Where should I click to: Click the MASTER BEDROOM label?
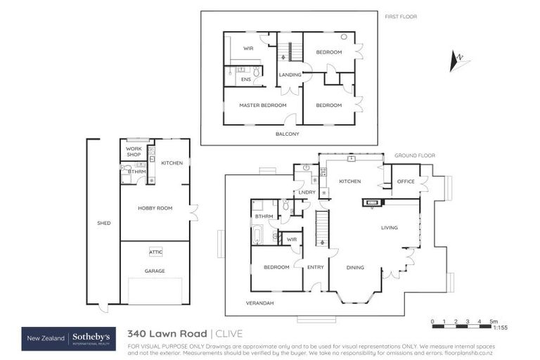(x=262, y=105)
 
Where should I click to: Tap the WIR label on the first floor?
(x=248, y=49)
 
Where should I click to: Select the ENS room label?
(x=246, y=79)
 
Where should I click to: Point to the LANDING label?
(x=290, y=75)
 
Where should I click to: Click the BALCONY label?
(x=287, y=134)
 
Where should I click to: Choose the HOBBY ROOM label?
(x=155, y=208)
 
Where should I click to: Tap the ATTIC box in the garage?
(x=155, y=252)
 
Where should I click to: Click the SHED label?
(x=103, y=223)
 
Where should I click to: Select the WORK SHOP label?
(x=134, y=152)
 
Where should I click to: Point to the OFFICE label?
(x=405, y=181)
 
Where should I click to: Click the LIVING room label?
(x=390, y=228)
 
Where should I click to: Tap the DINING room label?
(x=355, y=267)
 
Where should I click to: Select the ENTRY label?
(x=316, y=267)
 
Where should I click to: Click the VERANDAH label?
(x=259, y=303)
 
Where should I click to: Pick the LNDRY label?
(x=307, y=192)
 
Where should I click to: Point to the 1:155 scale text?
(x=501, y=328)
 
